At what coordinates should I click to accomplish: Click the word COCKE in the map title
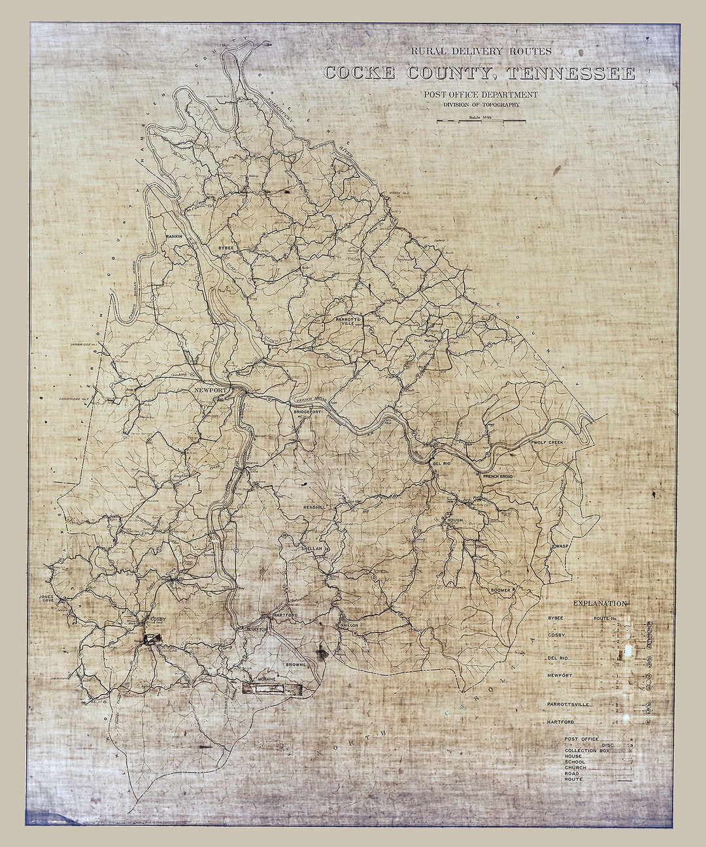tap(359, 73)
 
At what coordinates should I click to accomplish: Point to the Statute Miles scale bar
tap(481, 120)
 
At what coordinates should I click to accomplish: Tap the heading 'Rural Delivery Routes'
tap(480, 51)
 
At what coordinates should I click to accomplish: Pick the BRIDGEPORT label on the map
tap(308, 413)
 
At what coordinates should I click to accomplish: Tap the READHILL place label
tap(314, 507)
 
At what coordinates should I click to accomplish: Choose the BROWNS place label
tap(295, 664)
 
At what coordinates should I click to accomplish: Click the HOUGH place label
tap(454, 521)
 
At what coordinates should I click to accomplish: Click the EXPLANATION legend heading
tap(599, 604)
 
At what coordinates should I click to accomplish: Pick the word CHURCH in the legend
tap(575, 768)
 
